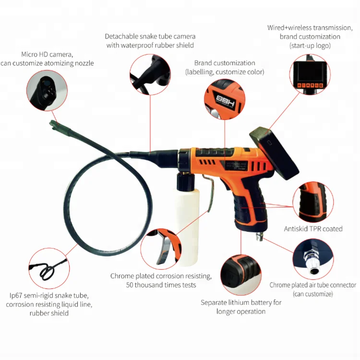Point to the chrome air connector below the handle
(x=260, y=236)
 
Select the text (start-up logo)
(x=311, y=46)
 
